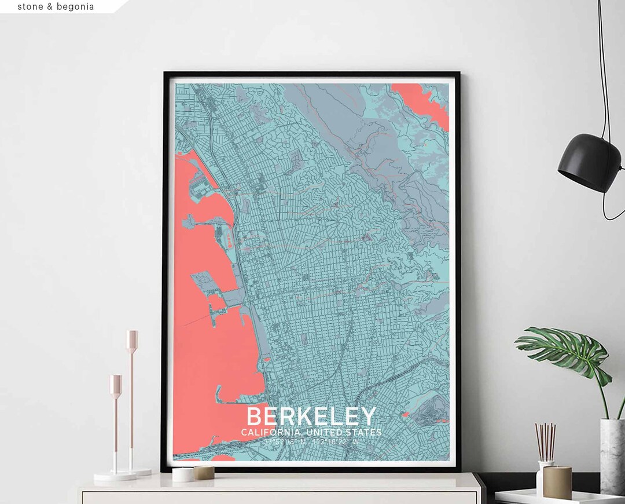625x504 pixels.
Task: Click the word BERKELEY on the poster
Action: [x=311, y=417]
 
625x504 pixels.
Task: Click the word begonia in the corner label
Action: [x=75, y=7]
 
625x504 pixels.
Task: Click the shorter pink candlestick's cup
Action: [x=116, y=385]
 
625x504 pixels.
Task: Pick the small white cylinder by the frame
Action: [x=183, y=474]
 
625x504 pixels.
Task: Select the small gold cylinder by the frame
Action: [x=204, y=472]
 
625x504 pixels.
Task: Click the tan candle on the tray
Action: [x=557, y=482]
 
